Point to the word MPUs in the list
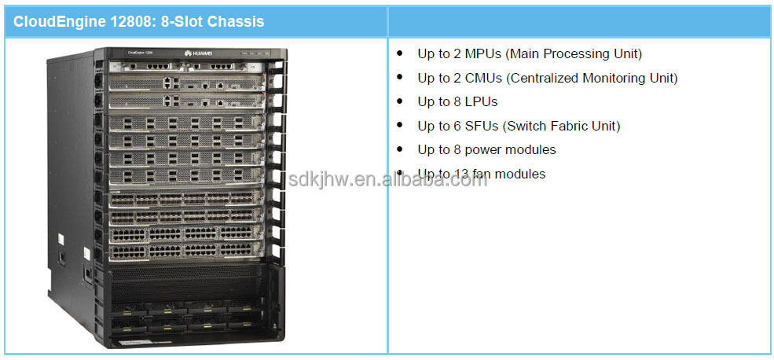[x=481, y=54]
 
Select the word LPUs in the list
[x=480, y=102]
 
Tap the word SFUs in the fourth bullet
[x=481, y=126]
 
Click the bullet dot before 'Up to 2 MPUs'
[x=400, y=54]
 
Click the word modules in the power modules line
[x=533, y=150]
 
